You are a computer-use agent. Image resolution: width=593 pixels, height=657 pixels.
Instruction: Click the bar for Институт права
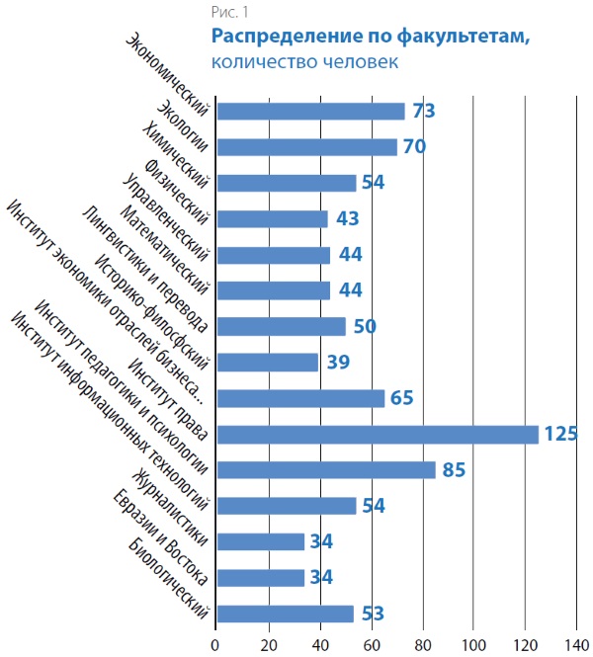coord(377,435)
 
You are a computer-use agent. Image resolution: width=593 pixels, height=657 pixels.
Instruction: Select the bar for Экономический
coord(309,111)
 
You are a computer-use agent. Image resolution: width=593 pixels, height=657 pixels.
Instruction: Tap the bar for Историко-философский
coord(267,363)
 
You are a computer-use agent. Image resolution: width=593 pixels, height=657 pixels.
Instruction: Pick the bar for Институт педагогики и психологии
coord(325,470)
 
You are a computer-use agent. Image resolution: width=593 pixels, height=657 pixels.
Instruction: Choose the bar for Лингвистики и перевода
coord(281,326)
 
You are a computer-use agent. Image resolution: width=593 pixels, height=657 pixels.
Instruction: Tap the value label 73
coord(424,111)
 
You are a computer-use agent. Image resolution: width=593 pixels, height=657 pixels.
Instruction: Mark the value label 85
coord(454,470)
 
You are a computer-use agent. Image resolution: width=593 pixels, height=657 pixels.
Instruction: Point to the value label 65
coord(402,398)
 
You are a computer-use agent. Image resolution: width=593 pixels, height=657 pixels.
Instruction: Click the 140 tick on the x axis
coord(577,643)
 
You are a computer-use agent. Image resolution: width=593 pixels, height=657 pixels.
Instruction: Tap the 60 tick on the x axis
coord(371,643)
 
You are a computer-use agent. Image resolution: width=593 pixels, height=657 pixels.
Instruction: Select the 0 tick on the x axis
coord(215,643)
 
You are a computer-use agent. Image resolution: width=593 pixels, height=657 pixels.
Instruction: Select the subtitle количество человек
coord(303,61)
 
